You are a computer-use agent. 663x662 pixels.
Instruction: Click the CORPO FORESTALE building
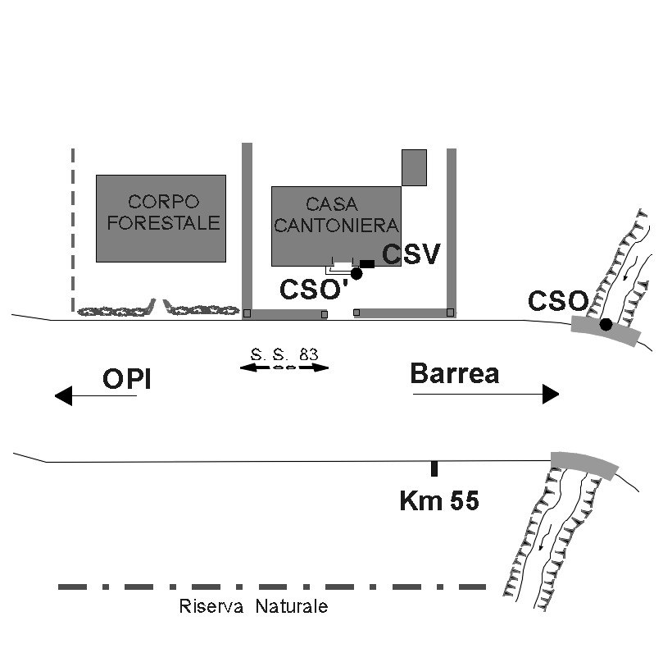(x=161, y=218)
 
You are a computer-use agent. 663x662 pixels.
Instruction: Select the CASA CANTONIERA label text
(x=336, y=215)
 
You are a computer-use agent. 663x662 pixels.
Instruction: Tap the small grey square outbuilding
(x=414, y=167)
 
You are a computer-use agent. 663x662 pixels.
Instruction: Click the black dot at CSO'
(x=356, y=273)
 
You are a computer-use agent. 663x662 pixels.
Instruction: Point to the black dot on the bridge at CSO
(x=606, y=325)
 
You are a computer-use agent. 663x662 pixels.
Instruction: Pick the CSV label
(x=411, y=254)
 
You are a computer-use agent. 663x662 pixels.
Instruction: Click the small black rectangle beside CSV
(x=367, y=264)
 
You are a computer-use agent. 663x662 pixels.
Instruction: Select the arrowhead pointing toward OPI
(x=63, y=395)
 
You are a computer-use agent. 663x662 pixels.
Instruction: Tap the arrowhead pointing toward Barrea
(x=551, y=394)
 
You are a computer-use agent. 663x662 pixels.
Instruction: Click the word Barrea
(x=455, y=373)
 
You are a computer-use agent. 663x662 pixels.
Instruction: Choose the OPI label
(x=127, y=379)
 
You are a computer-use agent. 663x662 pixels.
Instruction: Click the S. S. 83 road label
(x=284, y=354)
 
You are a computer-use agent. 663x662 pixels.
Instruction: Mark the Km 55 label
(x=439, y=500)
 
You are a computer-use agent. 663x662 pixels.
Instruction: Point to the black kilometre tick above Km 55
(x=434, y=468)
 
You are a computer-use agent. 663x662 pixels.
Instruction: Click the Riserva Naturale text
(x=253, y=606)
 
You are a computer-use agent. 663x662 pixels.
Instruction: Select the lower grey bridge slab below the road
(x=584, y=465)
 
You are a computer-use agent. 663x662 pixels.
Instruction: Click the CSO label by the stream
(x=558, y=301)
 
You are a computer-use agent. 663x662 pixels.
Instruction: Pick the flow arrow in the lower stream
(x=545, y=537)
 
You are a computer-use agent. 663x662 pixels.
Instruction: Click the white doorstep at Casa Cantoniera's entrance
(x=343, y=266)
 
